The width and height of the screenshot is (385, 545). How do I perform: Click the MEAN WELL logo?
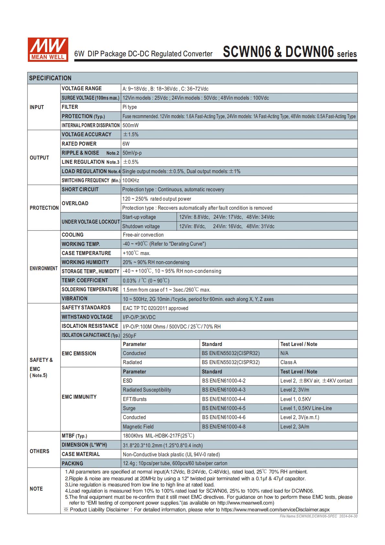point(48,49)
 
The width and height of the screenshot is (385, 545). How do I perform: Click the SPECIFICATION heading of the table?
point(50,78)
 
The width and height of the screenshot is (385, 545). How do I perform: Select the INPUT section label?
point(37,107)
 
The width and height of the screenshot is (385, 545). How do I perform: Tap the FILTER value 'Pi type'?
point(130,107)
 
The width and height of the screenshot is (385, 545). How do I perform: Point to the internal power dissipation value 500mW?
point(130,125)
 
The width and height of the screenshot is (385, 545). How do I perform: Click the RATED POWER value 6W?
point(126,144)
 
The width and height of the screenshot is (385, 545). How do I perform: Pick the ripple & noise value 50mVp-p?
point(132,153)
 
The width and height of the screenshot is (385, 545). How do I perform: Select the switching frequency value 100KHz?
point(131,180)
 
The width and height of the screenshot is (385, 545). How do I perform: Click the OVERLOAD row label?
point(75,203)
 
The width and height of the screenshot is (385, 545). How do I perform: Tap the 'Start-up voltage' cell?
point(139,217)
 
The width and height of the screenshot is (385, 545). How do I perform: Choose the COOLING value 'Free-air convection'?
point(143,235)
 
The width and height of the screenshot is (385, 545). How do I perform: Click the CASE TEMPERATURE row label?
point(86,253)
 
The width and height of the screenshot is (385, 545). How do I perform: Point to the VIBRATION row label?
point(74,298)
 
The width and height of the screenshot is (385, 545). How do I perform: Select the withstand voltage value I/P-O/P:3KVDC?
point(139,317)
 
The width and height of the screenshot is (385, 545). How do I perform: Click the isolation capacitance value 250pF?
point(130,336)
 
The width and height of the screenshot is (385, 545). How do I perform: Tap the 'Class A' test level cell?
point(289,362)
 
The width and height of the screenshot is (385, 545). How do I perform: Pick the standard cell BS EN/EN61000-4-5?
point(224,408)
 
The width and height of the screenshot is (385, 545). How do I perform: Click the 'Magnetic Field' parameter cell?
point(138,427)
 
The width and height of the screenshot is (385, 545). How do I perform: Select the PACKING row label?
point(72,463)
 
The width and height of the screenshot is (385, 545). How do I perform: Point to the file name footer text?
point(318,516)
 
